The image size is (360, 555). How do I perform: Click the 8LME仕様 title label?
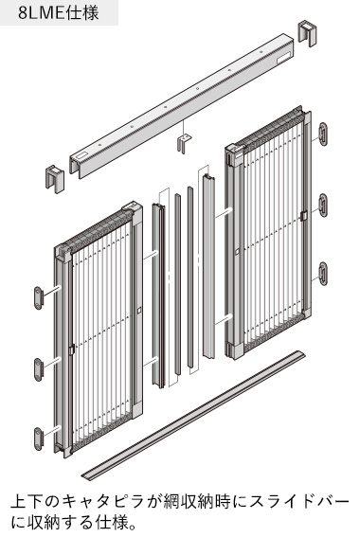(x=59, y=13)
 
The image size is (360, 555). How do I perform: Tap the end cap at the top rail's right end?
(x=307, y=33)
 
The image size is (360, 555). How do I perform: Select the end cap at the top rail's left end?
(x=54, y=179)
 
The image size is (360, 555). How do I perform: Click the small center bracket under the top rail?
(x=185, y=142)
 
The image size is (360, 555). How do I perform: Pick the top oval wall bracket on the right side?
(x=323, y=134)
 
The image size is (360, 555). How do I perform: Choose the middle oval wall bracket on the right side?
(x=323, y=205)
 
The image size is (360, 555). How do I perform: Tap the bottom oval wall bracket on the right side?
(x=323, y=274)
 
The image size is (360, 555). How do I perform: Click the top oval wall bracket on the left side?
(x=38, y=298)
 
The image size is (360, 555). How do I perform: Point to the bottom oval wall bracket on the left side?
(x=38, y=439)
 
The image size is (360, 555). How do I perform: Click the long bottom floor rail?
(x=193, y=416)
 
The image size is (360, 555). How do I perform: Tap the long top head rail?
(x=182, y=105)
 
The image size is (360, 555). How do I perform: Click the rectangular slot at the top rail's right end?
(x=284, y=59)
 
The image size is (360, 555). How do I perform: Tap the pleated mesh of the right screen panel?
(x=273, y=226)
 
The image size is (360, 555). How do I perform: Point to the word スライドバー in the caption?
(x=299, y=502)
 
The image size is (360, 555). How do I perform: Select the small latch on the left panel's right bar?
(x=138, y=310)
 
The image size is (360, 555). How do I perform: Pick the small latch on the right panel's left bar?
(x=237, y=251)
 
